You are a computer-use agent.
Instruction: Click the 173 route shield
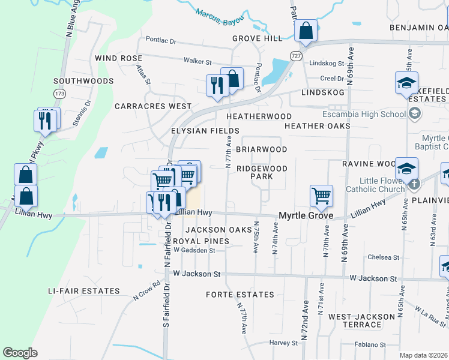tap(59, 94)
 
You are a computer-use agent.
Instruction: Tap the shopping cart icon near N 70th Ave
tap(321, 195)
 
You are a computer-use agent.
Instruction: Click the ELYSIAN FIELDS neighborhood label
tap(205, 130)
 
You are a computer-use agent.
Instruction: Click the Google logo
tap(20, 353)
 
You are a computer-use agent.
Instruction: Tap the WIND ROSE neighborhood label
tap(118, 58)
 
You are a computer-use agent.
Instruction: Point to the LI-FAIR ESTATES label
tap(84, 291)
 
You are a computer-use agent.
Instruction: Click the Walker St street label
tap(198, 62)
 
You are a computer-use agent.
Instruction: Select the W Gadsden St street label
tap(193, 250)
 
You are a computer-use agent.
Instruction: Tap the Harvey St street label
tap(283, 343)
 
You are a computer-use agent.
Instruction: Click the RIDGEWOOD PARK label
tap(262, 173)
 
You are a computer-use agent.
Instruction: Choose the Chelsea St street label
tap(384, 257)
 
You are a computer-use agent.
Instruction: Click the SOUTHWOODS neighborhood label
tap(83, 81)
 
